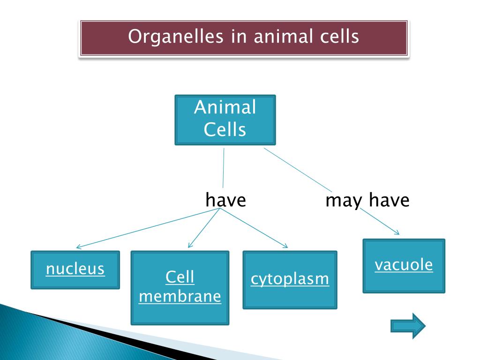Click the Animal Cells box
coord(225,120)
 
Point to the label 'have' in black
coord(225,201)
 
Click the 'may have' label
coord(367,201)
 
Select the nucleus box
coord(75,270)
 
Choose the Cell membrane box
coord(180,287)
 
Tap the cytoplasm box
coord(290,280)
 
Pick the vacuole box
coord(404,266)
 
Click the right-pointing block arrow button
coord(408,325)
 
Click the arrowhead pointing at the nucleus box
coord(78,247)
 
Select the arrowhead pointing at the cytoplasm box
coord(285,246)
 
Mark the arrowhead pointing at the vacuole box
coord(397,233)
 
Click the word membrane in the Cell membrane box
coord(180,297)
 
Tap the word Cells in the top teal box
coord(225,129)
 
